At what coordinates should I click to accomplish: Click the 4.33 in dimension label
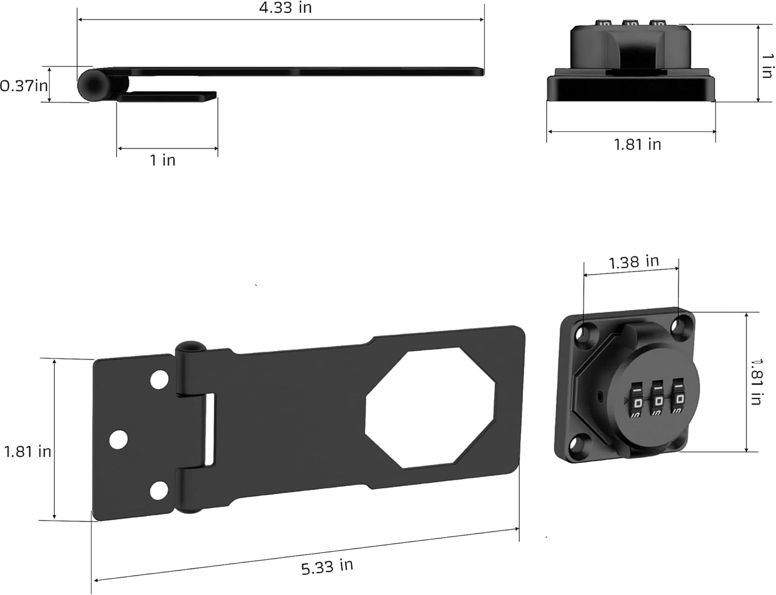pyautogui.click(x=285, y=8)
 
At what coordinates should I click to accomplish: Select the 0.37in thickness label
pyautogui.click(x=24, y=85)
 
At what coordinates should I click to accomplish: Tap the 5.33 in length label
pyautogui.click(x=327, y=566)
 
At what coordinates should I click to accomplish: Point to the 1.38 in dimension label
pyautogui.click(x=634, y=262)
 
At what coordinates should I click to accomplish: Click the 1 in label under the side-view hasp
pyautogui.click(x=162, y=160)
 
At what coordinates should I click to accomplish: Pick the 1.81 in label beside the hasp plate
pyautogui.click(x=28, y=451)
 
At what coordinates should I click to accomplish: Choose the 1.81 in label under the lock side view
pyautogui.click(x=637, y=144)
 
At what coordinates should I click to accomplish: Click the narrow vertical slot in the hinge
pyautogui.click(x=211, y=429)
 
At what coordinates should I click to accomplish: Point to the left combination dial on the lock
pyautogui.click(x=637, y=401)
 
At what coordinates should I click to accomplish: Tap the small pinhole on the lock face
pyautogui.click(x=599, y=398)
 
